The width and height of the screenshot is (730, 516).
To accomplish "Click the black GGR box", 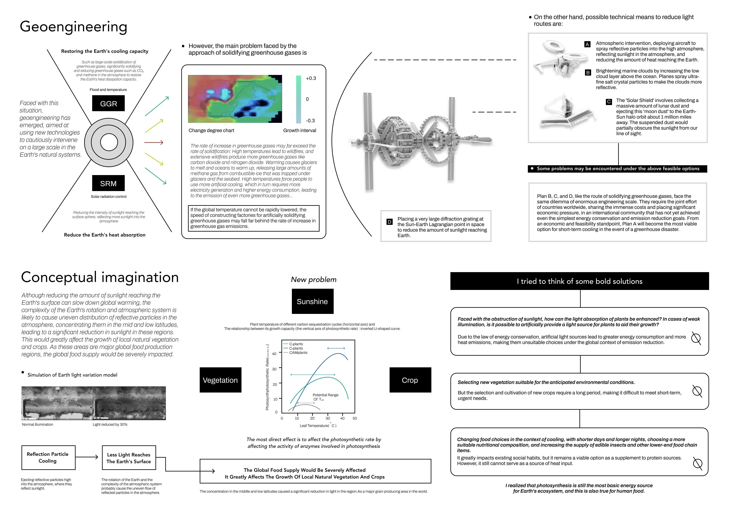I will click(108, 103).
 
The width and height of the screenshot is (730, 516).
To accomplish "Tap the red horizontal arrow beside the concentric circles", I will click(154, 142).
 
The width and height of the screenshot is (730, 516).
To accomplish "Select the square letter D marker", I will click(389, 222).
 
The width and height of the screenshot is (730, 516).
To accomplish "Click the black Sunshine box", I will click(313, 301).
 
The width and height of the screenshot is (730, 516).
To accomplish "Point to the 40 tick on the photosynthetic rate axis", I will click(274, 354).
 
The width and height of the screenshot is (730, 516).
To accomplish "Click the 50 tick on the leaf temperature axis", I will click(355, 418).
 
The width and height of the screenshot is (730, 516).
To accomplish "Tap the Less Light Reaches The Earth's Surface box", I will click(129, 458).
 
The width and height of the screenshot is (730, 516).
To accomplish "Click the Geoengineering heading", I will click(73, 27).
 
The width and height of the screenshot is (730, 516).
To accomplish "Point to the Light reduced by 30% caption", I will click(110, 424).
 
